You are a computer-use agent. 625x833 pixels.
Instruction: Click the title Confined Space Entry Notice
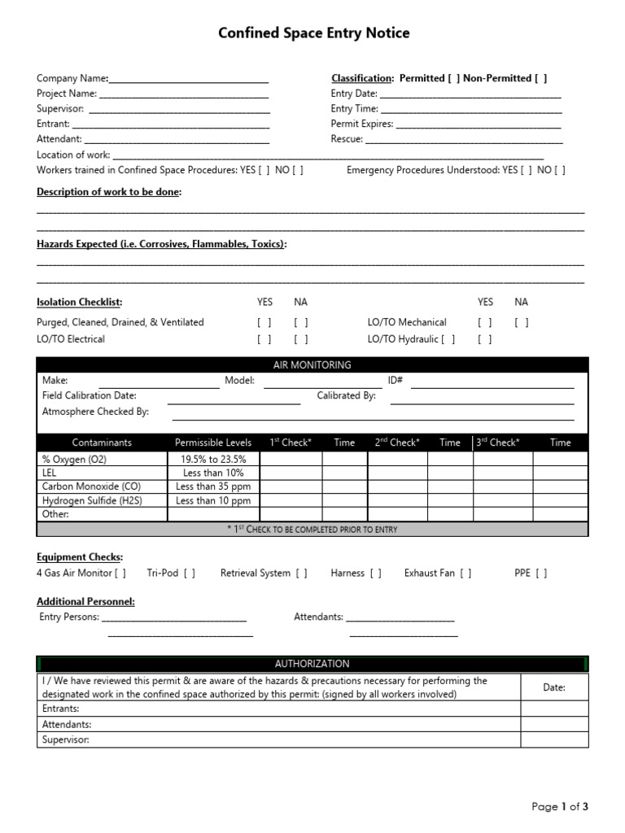(x=313, y=33)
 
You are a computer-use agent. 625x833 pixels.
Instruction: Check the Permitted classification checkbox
(x=453, y=79)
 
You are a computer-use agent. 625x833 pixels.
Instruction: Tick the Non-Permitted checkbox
(x=540, y=79)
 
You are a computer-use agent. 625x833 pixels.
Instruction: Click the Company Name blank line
(x=189, y=79)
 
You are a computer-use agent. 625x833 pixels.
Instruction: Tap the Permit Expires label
(x=361, y=124)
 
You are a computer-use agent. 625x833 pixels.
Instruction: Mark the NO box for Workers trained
(x=298, y=170)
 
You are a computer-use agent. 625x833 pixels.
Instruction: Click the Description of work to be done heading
(x=109, y=192)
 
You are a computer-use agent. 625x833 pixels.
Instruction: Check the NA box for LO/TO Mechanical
(x=522, y=322)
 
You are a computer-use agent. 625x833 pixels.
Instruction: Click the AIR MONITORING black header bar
(x=312, y=365)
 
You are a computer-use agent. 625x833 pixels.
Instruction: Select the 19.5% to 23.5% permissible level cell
(x=213, y=459)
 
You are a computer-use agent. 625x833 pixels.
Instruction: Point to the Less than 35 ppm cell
(x=213, y=486)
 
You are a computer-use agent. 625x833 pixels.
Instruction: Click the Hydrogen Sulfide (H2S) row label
(x=92, y=500)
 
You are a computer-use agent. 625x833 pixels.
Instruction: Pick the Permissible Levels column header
(x=213, y=443)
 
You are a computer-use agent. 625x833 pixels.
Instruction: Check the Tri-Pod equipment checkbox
(x=189, y=574)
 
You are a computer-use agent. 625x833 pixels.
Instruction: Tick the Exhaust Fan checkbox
(x=465, y=574)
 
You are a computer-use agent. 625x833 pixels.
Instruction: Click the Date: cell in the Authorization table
(x=554, y=687)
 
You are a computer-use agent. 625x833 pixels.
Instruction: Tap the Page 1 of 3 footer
(x=559, y=806)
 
